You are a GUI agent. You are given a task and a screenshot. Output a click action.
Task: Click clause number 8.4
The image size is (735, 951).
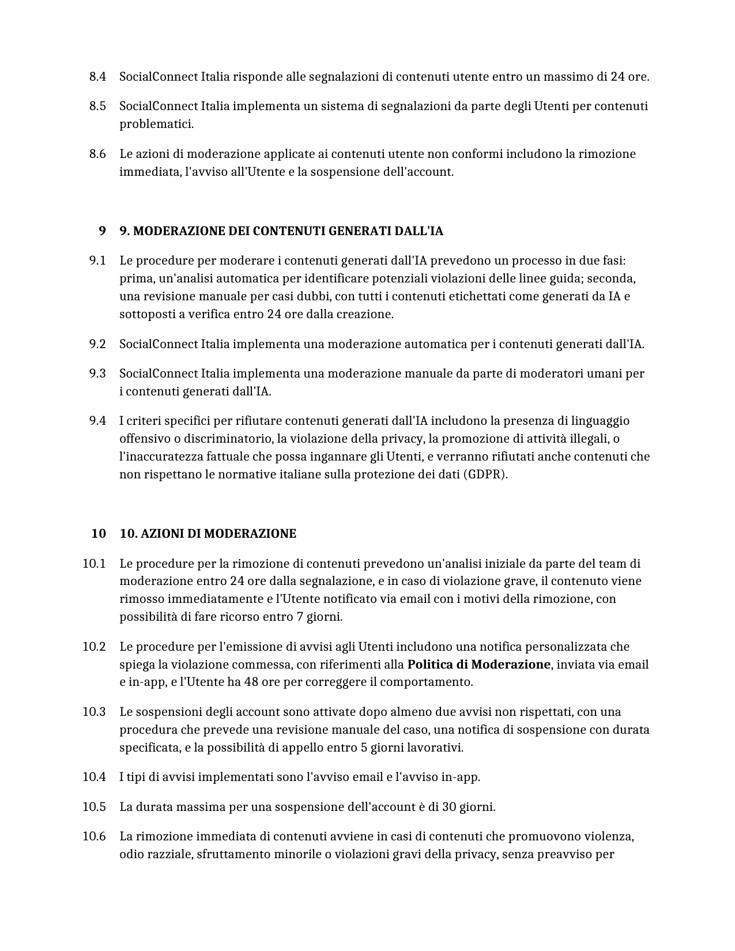97,77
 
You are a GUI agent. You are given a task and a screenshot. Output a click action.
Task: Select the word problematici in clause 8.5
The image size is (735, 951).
156,124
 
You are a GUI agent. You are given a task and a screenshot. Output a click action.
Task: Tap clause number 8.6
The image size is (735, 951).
97,154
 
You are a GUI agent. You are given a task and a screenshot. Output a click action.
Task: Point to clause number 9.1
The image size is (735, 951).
97,261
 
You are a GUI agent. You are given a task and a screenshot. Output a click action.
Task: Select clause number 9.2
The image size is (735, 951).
97,344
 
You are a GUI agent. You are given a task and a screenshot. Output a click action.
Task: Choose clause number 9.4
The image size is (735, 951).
97,421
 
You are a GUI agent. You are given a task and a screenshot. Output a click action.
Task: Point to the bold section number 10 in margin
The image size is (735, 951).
99,534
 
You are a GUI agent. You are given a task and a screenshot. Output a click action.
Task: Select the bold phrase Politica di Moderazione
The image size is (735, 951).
478,665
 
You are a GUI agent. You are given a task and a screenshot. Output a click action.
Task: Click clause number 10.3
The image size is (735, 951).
94,712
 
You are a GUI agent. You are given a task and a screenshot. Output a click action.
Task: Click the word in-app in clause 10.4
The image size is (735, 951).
460,777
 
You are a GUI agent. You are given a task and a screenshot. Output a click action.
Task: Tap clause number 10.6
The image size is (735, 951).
94,836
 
